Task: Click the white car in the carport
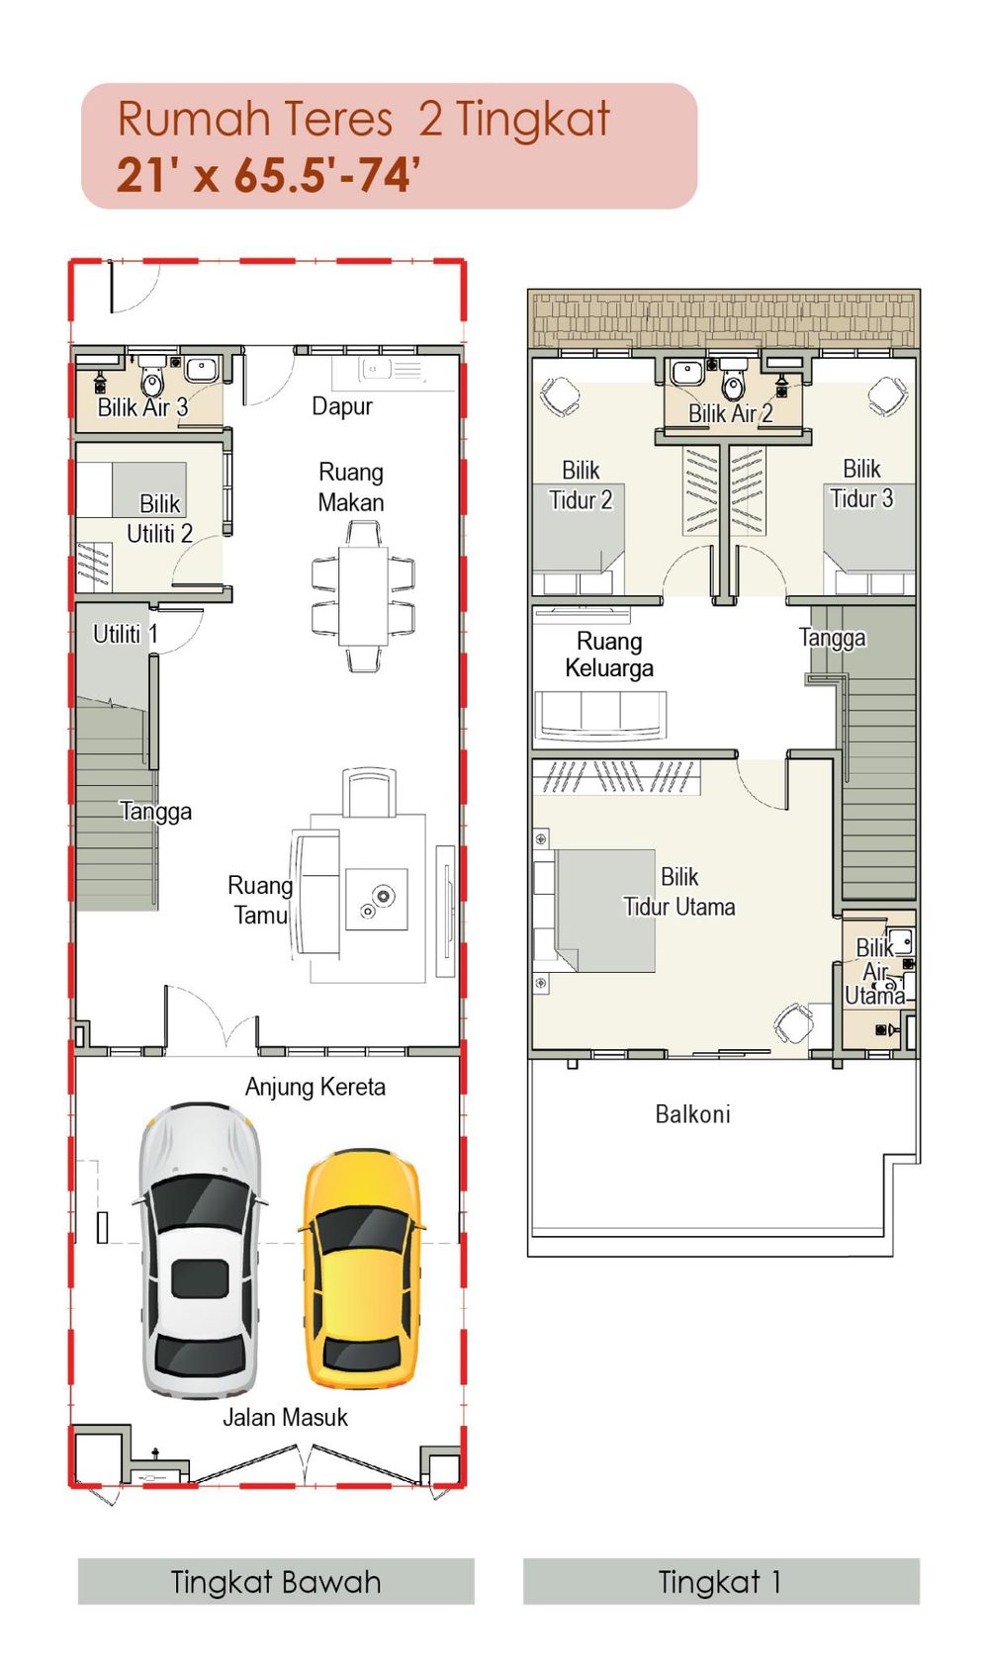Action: [200, 1250]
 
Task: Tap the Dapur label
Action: [341, 406]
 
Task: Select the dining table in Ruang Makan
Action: [363, 596]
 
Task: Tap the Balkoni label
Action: [693, 1114]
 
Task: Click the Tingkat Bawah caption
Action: [275, 1581]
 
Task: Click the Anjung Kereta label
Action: [315, 1088]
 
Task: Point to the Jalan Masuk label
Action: [285, 1418]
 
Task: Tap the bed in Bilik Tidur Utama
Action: [595, 911]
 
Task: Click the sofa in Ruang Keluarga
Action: [599, 715]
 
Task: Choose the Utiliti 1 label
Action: [125, 634]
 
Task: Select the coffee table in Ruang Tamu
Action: [377, 899]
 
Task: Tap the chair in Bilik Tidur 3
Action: [887, 395]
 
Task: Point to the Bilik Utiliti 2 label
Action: [160, 519]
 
